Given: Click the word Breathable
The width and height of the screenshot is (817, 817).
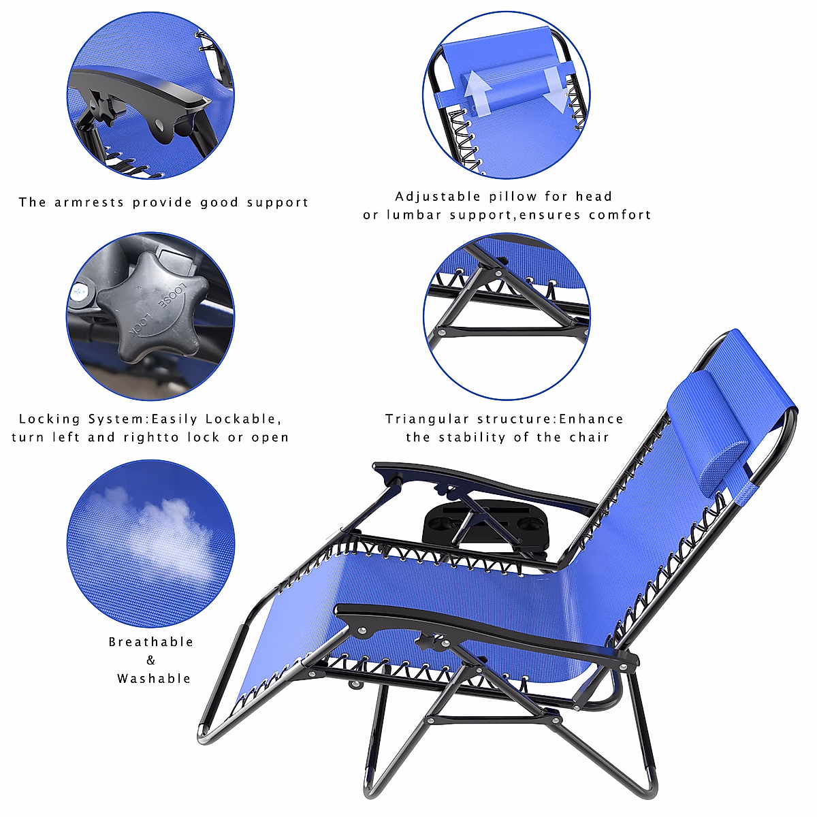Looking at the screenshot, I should (x=151, y=642).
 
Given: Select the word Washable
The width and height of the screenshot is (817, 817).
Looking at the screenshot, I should (x=154, y=679).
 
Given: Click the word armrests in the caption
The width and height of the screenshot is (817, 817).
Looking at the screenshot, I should (x=90, y=202).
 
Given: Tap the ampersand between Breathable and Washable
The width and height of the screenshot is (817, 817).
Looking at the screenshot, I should (x=150, y=660).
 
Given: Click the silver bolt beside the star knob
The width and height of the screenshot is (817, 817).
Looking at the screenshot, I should (x=80, y=293).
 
